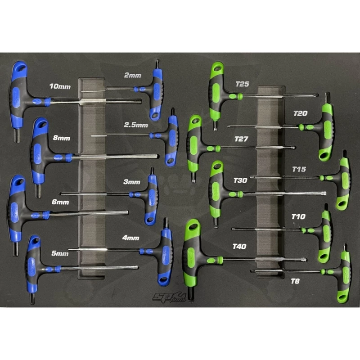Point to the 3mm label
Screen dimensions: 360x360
(132, 182)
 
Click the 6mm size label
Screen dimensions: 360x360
(60, 202)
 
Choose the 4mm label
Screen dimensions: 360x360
(130, 238)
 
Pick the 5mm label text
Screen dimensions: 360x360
(59, 254)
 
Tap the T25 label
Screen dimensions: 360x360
(243, 84)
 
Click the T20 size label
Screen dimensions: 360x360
(300, 113)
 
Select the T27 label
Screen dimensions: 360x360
(241, 139)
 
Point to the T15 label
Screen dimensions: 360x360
(299, 169)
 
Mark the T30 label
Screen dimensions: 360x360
(240, 180)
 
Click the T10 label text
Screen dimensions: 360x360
(298, 216)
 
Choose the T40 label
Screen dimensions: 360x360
(239, 246)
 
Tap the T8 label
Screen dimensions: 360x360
(295, 281)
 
